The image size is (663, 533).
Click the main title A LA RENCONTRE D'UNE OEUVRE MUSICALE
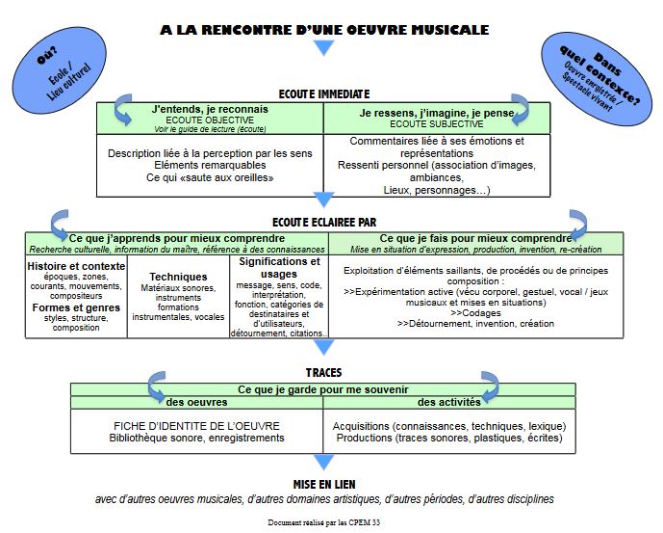click(325, 31)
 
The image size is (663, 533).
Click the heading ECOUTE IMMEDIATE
click(323, 93)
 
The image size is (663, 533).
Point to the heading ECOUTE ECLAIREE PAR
click(325, 221)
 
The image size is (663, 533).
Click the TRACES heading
click(323, 372)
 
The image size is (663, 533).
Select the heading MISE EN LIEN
click(325, 484)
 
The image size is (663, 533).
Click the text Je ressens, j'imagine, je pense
click(436, 112)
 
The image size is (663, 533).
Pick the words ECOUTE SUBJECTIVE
click(436, 123)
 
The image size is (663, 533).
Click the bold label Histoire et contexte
click(77, 266)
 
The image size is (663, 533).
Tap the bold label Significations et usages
click(280, 267)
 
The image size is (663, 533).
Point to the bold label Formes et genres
click(76, 307)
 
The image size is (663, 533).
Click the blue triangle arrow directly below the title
click(324, 49)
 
